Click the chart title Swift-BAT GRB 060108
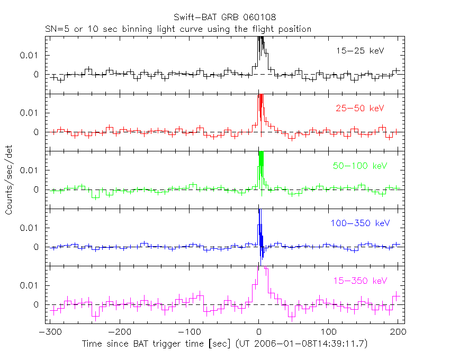[224, 17]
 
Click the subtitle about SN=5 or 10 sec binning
[177, 29]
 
